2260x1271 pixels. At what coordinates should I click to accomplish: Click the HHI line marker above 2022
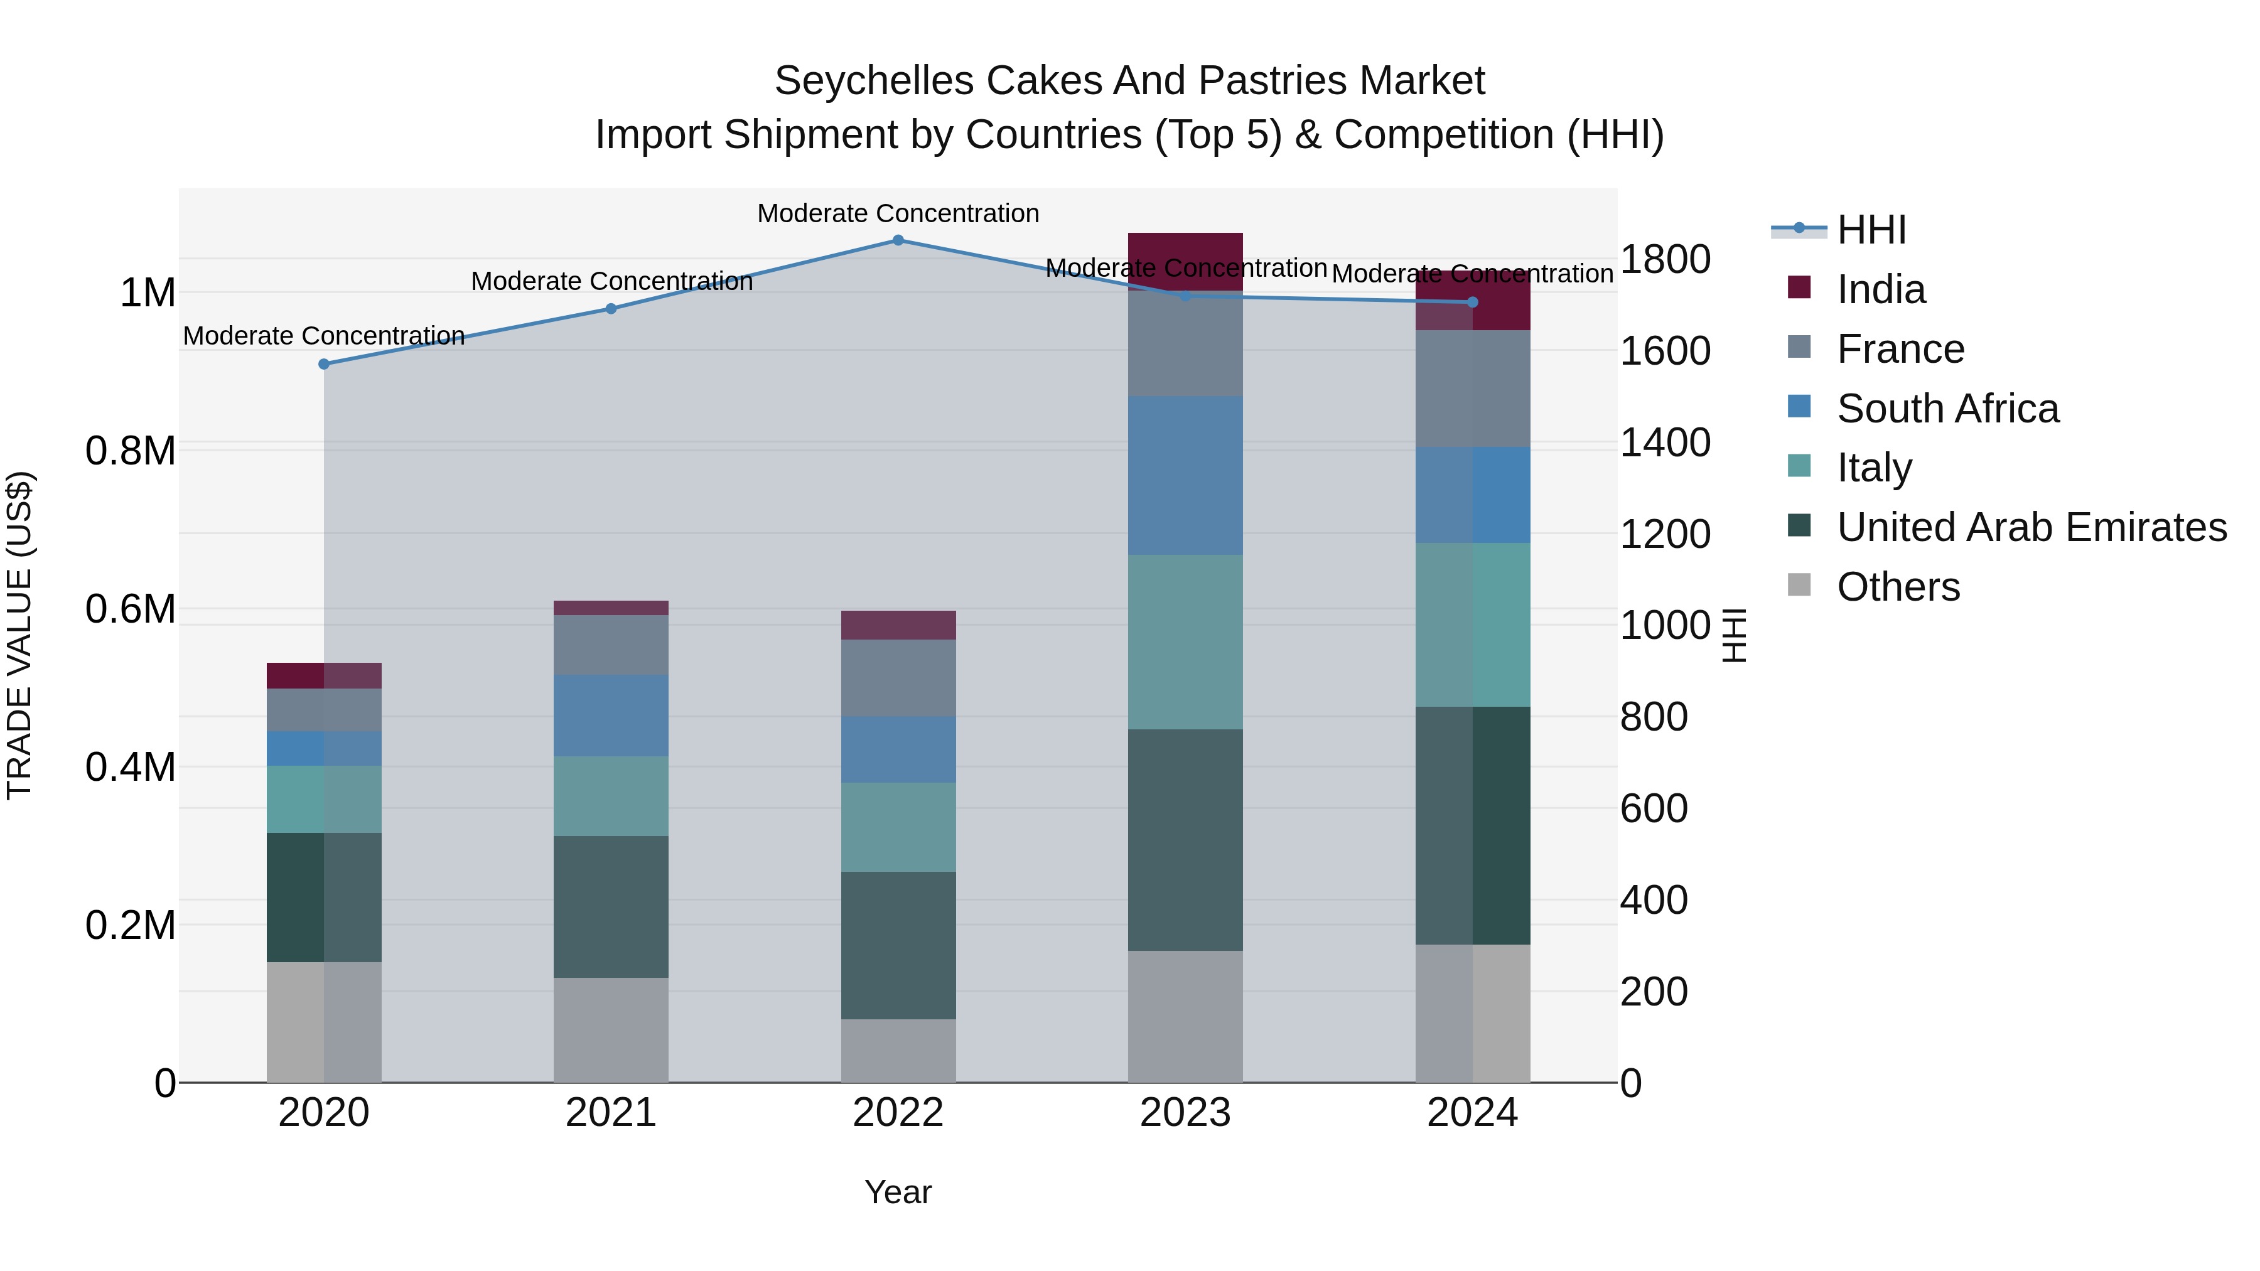tap(898, 240)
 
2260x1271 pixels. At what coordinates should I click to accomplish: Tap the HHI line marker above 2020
tap(324, 364)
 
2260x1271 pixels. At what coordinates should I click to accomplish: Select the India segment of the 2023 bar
tap(1185, 261)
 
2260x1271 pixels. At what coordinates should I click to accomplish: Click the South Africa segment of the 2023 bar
tap(1185, 475)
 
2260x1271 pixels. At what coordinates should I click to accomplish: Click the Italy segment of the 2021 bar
tap(611, 796)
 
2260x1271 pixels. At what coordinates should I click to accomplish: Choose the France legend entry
tap(1900, 349)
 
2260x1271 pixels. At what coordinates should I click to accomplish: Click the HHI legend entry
tap(1871, 230)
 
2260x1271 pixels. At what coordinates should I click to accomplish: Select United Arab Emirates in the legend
tap(2031, 527)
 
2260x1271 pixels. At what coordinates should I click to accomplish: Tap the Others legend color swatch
tap(1799, 585)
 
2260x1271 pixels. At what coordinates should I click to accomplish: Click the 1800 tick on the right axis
tap(1664, 260)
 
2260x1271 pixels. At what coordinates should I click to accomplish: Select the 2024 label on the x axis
tap(1472, 1113)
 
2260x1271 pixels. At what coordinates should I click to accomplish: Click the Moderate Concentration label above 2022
tap(898, 213)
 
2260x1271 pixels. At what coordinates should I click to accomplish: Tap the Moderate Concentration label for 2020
tap(324, 336)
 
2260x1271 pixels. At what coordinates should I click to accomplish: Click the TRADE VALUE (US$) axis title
tap(19, 635)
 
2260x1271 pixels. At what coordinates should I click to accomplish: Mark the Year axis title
tap(898, 1192)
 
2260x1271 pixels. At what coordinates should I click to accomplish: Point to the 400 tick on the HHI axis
tap(1653, 900)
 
